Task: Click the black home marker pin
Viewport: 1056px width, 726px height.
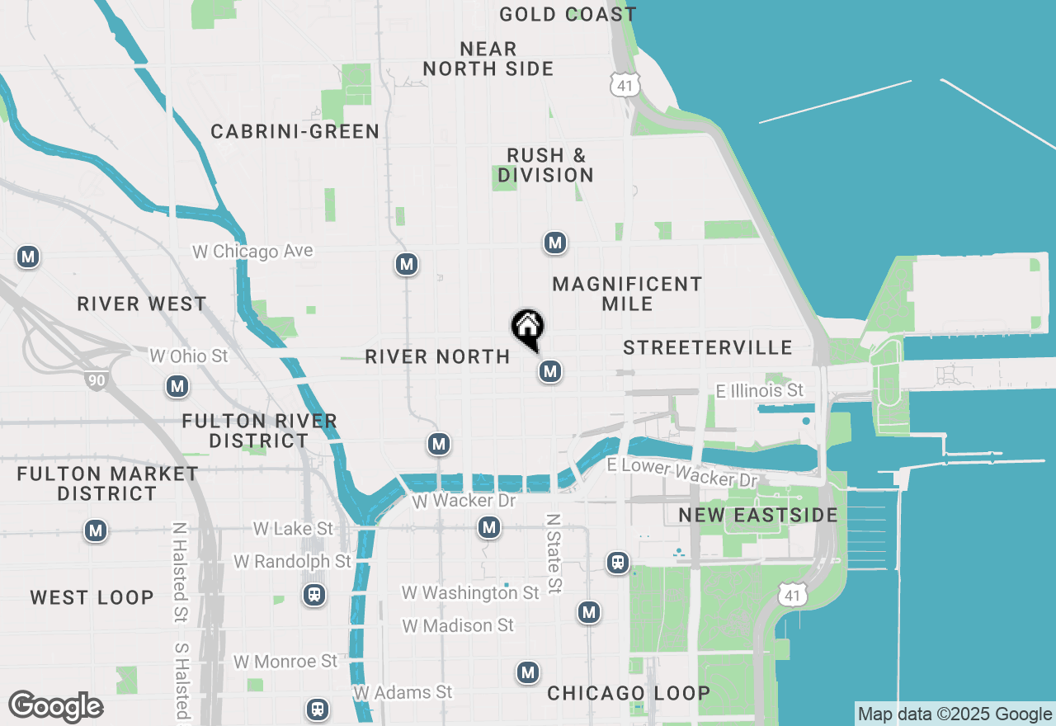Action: click(x=528, y=329)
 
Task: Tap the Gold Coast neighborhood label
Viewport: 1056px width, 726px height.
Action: click(x=568, y=14)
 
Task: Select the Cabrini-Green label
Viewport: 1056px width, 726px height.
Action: click(x=295, y=131)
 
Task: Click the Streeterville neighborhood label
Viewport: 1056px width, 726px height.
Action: click(x=708, y=347)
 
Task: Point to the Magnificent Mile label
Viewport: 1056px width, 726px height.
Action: click(x=627, y=294)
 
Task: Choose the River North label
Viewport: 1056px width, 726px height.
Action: click(x=437, y=356)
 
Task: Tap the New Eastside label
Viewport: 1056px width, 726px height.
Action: click(x=757, y=516)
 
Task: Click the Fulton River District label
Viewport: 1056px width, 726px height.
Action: click(x=260, y=431)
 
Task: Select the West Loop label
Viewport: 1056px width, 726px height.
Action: click(x=92, y=597)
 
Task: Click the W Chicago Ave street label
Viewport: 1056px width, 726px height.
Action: click(x=252, y=251)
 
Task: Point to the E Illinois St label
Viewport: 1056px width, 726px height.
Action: click(x=759, y=390)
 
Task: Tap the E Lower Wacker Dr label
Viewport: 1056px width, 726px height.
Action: click(x=681, y=473)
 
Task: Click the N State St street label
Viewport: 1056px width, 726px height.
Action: click(x=554, y=553)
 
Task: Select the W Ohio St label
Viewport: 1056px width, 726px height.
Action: click(x=188, y=356)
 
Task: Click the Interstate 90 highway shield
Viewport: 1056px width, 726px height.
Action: click(x=95, y=379)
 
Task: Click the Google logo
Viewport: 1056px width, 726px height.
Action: click(x=55, y=707)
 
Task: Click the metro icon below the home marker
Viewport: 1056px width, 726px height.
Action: click(x=550, y=371)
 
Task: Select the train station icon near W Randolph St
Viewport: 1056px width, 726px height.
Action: click(x=313, y=595)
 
